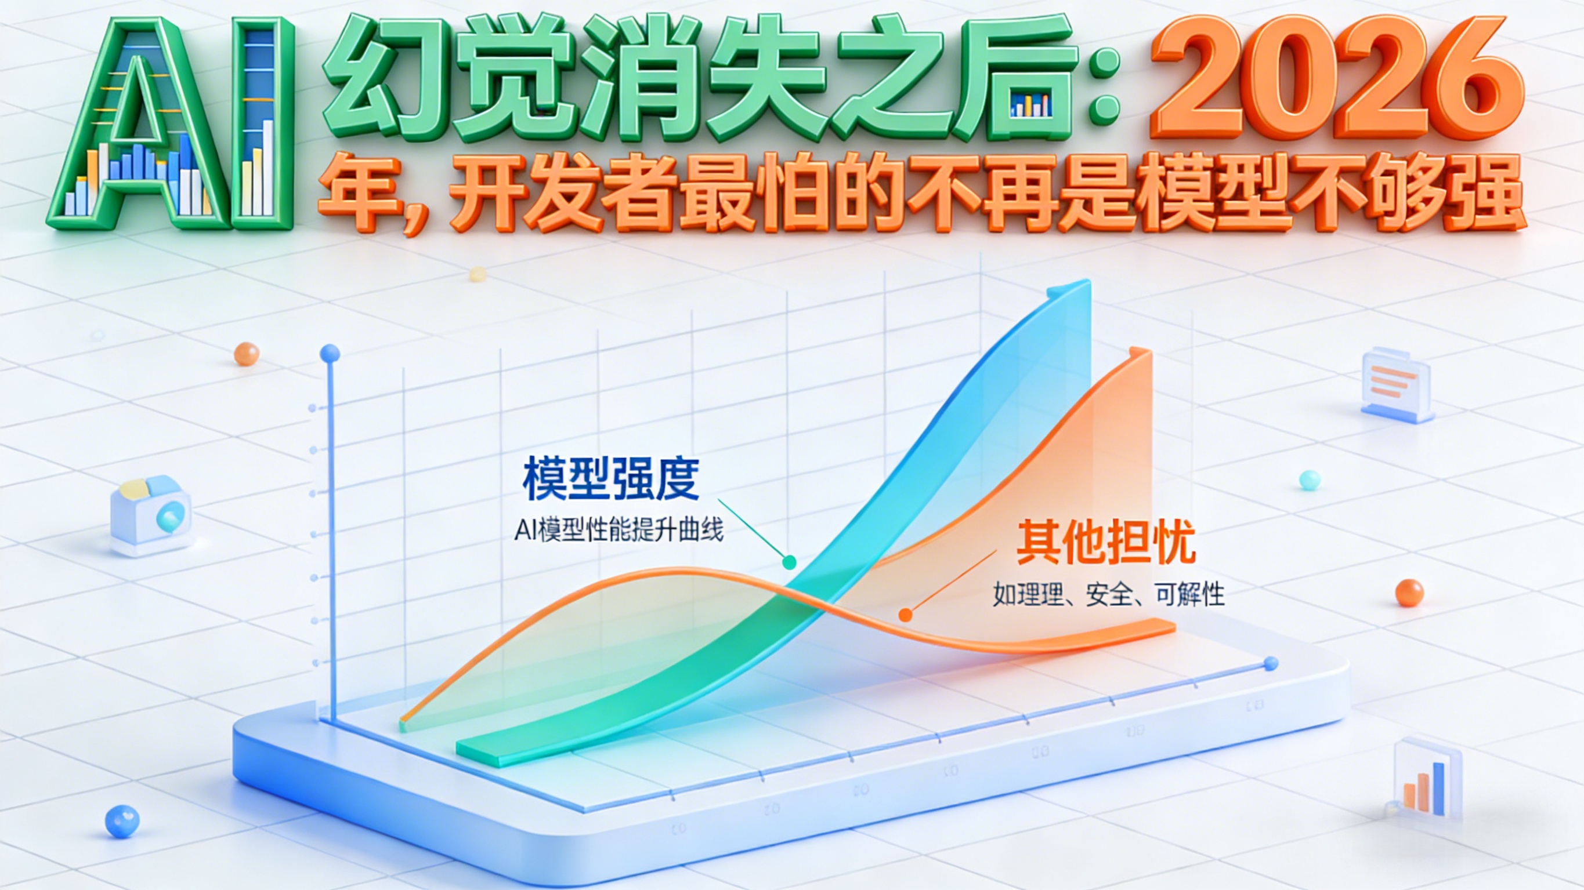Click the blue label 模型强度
point(610,479)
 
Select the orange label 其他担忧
point(1105,542)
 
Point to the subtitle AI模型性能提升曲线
point(619,530)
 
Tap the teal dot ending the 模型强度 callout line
point(789,562)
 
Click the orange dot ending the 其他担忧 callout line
point(905,614)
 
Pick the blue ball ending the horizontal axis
point(1271,663)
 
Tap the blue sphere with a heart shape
point(122,821)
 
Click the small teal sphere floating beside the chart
point(1309,480)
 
